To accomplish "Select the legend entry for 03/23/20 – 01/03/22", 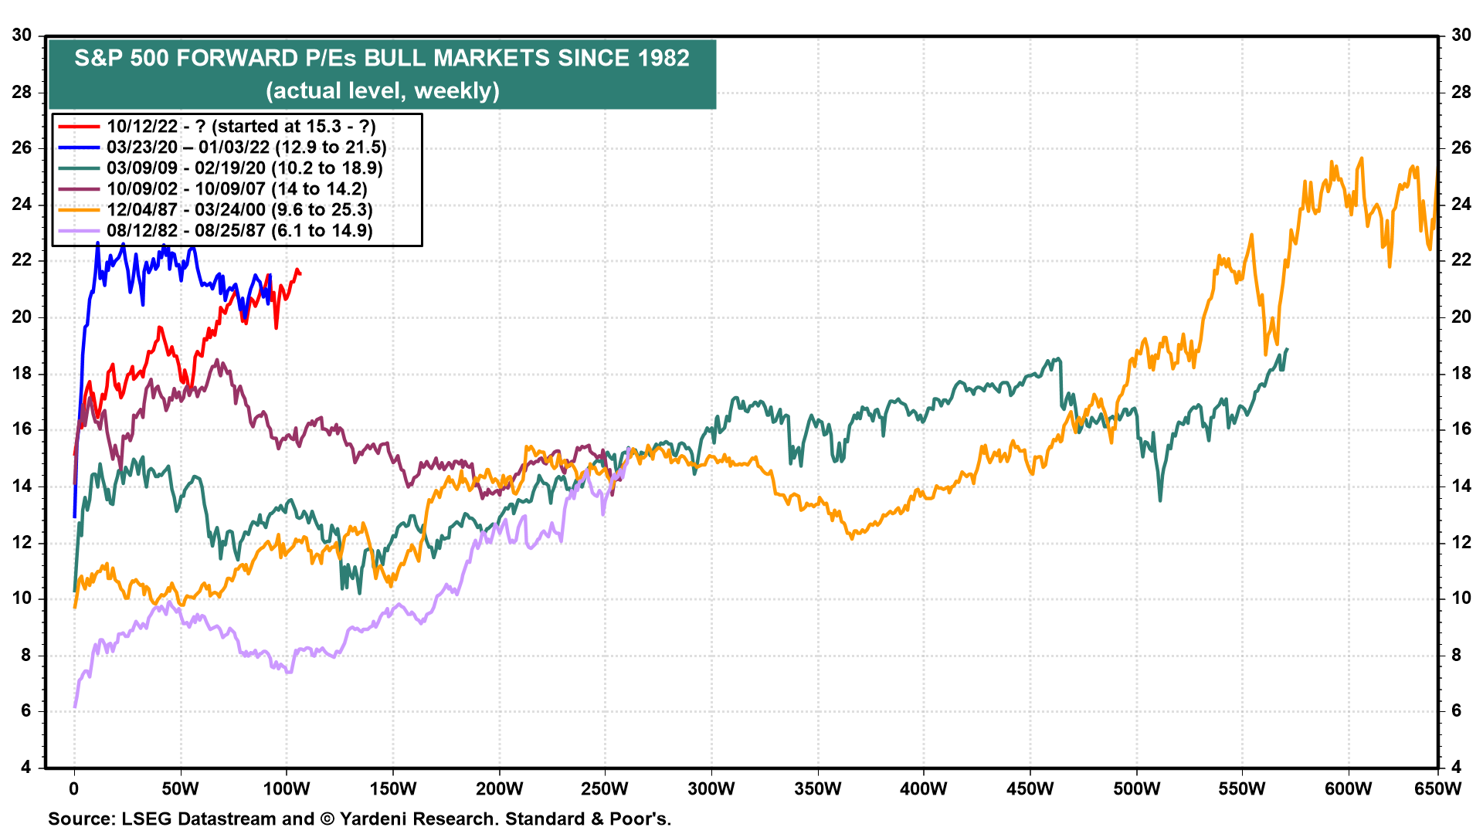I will [246, 147].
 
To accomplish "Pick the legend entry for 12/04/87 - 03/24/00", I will [239, 210].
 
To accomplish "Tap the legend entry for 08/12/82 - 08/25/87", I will [239, 231].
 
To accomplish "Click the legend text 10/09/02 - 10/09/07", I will [237, 189].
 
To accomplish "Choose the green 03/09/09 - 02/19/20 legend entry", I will [245, 168].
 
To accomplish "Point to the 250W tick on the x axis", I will [605, 789].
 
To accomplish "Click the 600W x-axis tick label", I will [1349, 789].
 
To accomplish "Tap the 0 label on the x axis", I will [74, 789].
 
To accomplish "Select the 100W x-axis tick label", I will [287, 789].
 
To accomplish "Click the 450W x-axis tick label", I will [1030, 789].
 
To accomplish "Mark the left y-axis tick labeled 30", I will [22, 36].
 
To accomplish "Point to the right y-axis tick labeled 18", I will [1461, 374].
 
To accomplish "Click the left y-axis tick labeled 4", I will [26, 768].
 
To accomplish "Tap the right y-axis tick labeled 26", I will [1461, 148].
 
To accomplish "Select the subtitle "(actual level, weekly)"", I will [382, 91].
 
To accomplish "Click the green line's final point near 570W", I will [1287, 350].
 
